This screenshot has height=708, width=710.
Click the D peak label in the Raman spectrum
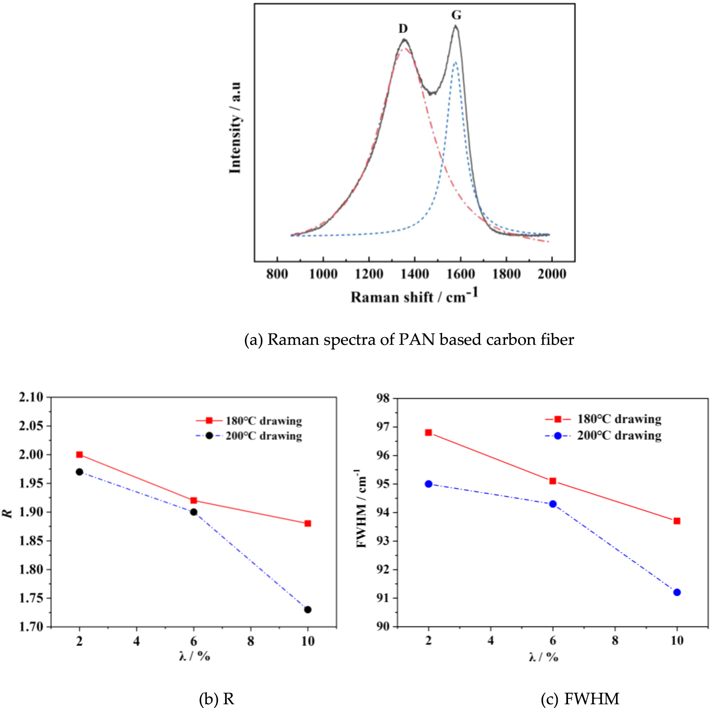click(403, 28)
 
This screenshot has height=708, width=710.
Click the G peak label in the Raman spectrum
click(456, 15)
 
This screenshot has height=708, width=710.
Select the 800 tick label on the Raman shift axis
click(277, 274)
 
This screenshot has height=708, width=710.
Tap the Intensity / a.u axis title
click(235, 127)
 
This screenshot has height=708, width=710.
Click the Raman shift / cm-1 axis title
click(414, 296)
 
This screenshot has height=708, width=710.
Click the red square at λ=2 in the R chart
click(80, 455)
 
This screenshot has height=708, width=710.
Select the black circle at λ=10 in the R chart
click(308, 609)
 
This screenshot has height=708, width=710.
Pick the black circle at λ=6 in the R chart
click(194, 512)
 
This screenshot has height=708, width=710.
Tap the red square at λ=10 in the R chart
click(308, 524)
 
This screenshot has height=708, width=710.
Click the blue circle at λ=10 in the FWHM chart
click(677, 592)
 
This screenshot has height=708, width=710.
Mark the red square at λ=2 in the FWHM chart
click(428, 433)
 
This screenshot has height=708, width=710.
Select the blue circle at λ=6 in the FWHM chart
click(553, 504)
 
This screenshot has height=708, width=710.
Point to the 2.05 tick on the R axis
click(31, 426)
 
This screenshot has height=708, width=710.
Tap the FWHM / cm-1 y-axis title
click(361, 508)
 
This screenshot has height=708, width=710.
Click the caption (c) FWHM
click(580, 699)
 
